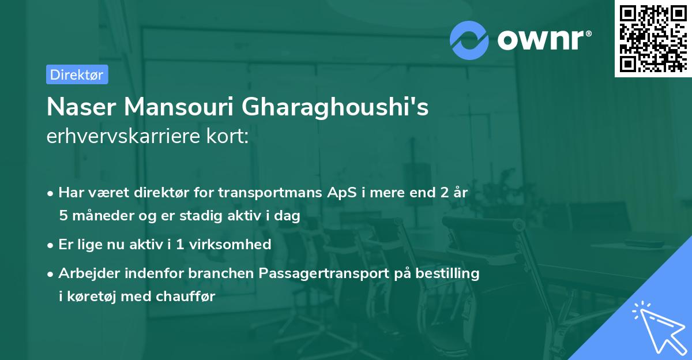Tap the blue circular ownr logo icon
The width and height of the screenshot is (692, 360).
pyautogui.click(x=469, y=40)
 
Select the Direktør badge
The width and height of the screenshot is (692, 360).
pyautogui.click(x=77, y=74)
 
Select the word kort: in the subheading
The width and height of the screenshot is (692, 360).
pyautogui.click(x=229, y=137)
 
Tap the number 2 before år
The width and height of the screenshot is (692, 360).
pyautogui.click(x=443, y=193)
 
